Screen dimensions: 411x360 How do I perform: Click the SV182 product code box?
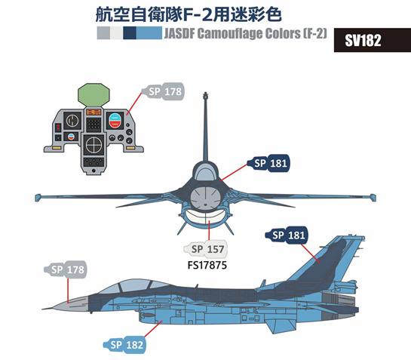373,40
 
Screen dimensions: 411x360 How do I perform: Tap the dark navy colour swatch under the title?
130,33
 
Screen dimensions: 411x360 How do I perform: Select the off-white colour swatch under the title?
116,33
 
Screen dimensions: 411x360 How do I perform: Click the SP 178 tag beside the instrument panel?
163,91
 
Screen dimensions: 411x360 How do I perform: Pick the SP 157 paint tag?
206,249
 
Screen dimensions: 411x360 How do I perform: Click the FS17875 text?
207,265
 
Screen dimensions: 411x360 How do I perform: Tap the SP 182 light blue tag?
124,345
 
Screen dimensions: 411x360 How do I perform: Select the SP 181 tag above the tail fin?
287,235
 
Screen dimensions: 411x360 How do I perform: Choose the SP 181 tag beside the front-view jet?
268,163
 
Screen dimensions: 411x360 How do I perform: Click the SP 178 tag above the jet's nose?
66,269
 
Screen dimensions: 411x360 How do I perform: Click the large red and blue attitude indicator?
115,121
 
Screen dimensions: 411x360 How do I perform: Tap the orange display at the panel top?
94,112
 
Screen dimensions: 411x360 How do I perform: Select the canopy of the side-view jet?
133,287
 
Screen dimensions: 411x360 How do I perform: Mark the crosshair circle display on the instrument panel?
94,145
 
